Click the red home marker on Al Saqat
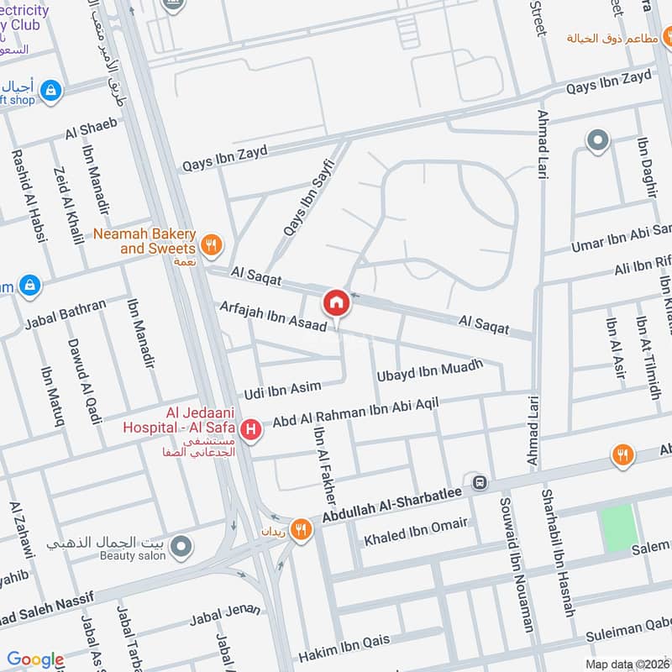pos(336,302)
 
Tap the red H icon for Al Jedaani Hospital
pos(249,430)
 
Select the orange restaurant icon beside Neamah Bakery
pos(213,244)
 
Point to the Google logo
pos(35,659)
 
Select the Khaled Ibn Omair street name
pos(415,531)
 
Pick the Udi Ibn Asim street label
pos(282,390)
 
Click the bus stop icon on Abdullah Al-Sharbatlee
pos(480,482)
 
